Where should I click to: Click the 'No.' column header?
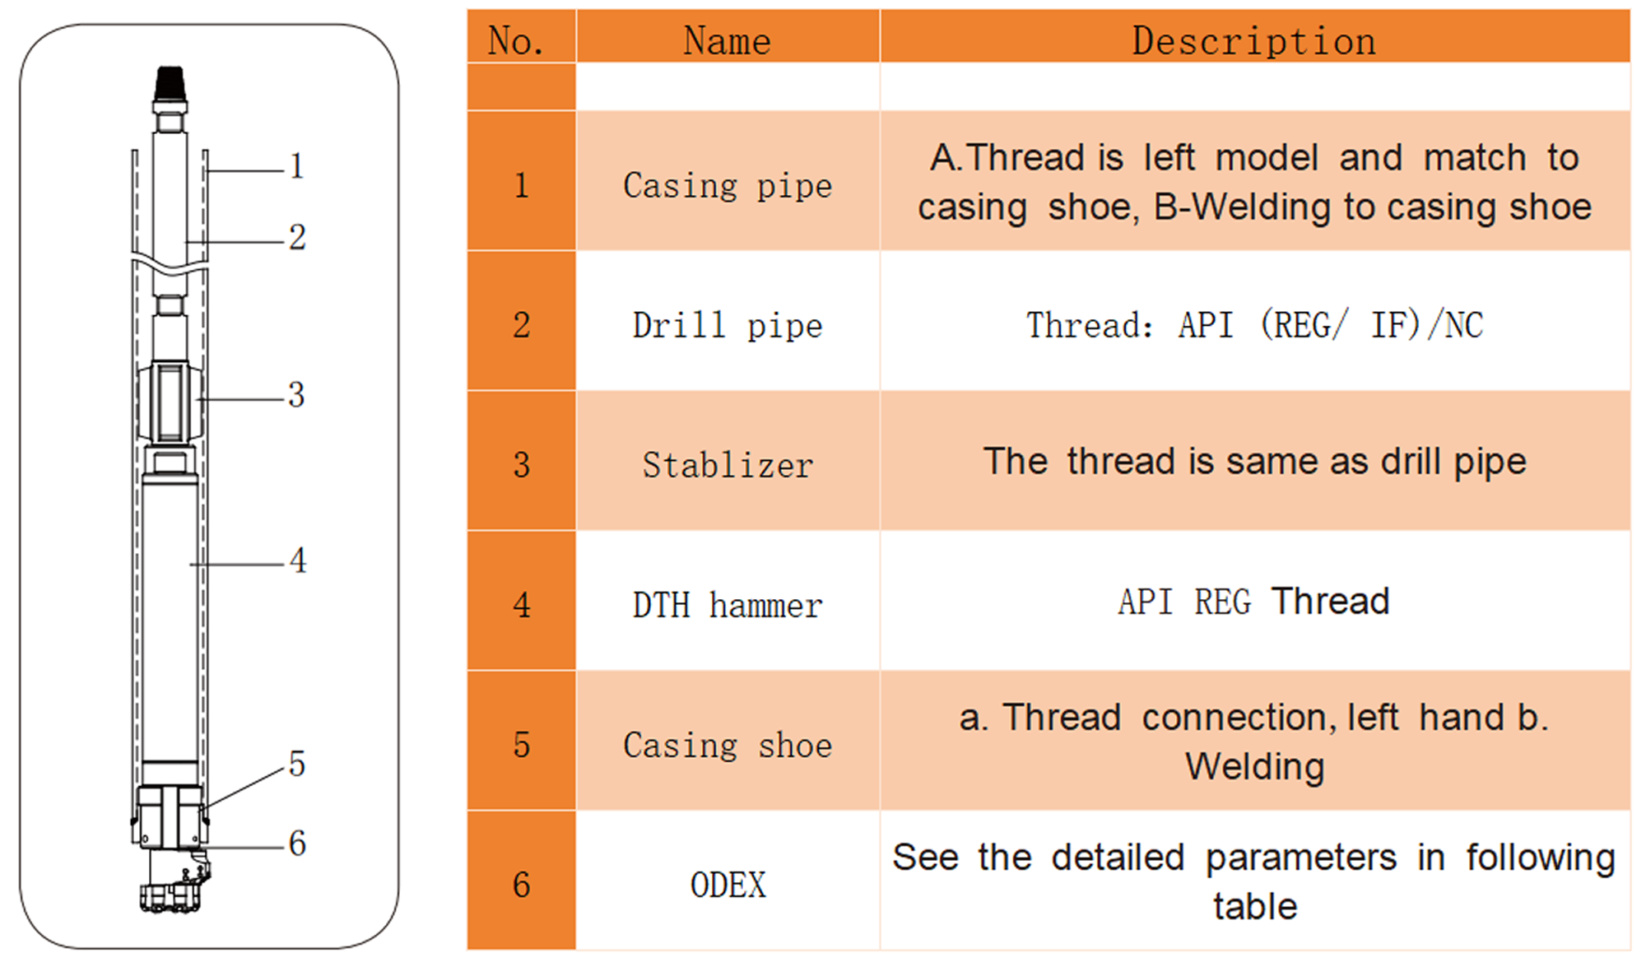pos(516,40)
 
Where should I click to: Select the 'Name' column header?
pos(728,40)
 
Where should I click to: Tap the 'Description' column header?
pos(1254,40)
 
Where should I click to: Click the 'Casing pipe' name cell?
pos(728,185)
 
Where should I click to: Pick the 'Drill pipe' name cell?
pos(728,325)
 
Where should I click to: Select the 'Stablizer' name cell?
pos(728,465)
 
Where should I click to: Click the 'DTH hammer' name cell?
pos(728,605)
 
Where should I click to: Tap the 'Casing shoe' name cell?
pos(728,745)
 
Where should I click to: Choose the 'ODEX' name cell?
pos(728,885)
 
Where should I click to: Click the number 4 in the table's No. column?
pos(522,605)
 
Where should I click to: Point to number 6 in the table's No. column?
pos(522,885)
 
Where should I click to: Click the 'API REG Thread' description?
pos(1254,601)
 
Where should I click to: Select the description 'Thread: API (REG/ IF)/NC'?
pos(1254,325)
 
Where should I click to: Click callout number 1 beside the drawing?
pos(297,166)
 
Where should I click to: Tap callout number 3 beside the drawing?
pos(297,395)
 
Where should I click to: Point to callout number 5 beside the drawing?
pos(297,764)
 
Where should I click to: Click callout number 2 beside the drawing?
pos(297,238)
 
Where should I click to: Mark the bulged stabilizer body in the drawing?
pos(170,403)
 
